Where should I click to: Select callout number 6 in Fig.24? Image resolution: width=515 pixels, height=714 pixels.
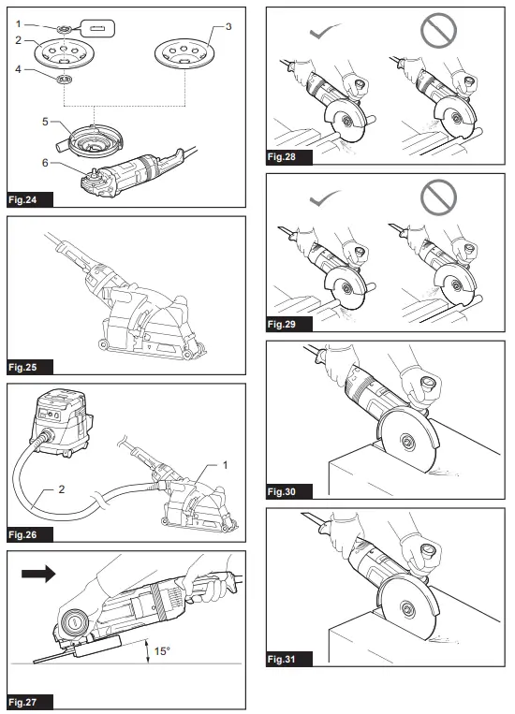44,162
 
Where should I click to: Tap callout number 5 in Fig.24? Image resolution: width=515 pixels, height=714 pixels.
44,121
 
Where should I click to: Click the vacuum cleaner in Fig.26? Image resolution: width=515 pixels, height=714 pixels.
59,425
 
